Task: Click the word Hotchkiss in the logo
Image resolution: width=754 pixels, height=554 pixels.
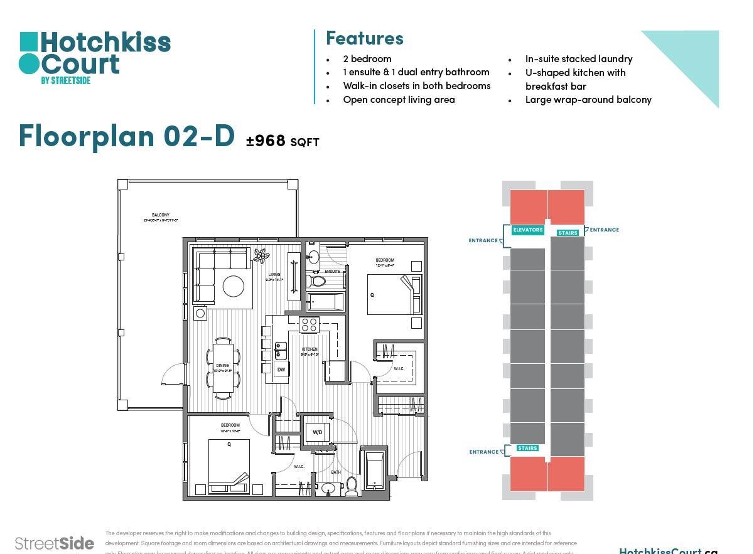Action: tap(105, 43)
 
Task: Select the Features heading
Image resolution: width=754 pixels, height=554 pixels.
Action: tap(364, 38)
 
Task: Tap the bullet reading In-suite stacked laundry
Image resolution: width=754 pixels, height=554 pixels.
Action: tap(578, 59)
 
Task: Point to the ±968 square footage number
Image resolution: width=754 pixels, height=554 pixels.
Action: tap(266, 141)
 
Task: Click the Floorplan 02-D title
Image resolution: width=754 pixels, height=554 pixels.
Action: tap(127, 136)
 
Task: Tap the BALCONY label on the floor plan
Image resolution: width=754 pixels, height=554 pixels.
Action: tap(160, 215)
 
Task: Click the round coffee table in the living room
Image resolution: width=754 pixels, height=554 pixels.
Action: tap(234, 286)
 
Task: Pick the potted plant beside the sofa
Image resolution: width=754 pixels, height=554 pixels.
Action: tap(261, 255)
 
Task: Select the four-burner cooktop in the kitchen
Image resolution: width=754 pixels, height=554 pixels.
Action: tap(309, 324)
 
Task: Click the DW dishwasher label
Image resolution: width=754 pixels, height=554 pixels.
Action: tap(281, 370)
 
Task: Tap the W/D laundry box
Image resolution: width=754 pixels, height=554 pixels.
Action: tap(318, 432)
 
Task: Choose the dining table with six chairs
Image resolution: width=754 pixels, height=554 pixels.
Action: tap(223, 368)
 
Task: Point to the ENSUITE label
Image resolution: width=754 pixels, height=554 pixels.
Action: tap(332, 271)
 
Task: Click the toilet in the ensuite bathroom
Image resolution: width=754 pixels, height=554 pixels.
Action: tap(311, 280)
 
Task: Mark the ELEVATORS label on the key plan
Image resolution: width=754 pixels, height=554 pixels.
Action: tap(527, 230)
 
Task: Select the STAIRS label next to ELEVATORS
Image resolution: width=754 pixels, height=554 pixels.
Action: tap(568, 233)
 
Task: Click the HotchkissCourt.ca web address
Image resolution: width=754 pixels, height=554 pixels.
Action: tap(667, 550)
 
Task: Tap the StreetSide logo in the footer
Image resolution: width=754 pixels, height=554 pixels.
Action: tap(55, 543)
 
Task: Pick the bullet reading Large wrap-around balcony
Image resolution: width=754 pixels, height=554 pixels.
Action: tap(588, 100)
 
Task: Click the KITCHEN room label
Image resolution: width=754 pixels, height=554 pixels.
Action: tap(310, 349)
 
